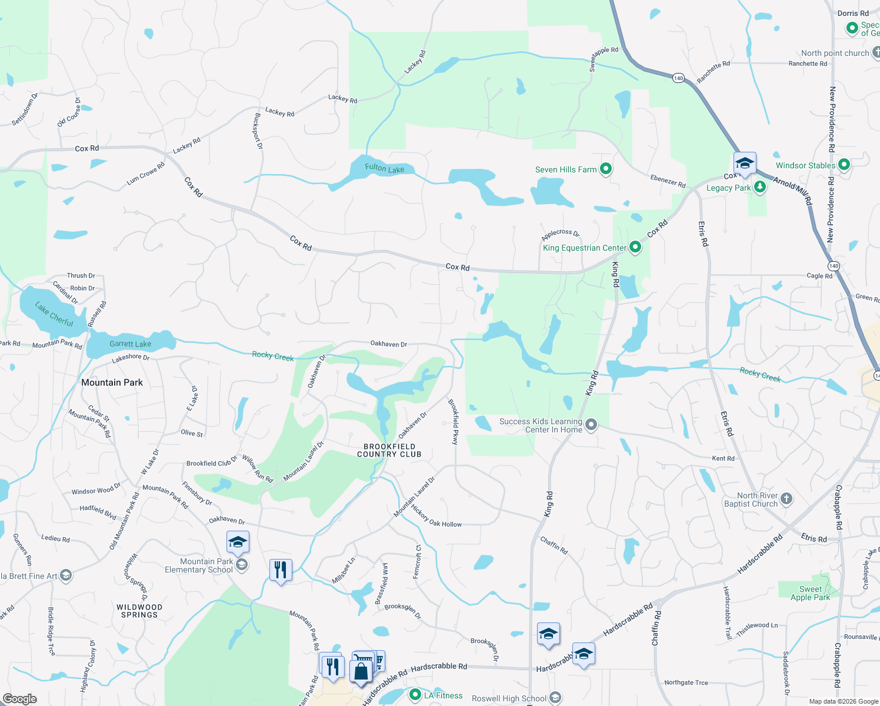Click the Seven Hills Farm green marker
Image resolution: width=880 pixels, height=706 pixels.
[605, 169]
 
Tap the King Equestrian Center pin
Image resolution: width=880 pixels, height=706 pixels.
[635, 248]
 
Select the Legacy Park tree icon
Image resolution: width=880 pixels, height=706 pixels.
[760, 188]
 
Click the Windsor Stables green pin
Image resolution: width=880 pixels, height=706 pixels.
[844, 165]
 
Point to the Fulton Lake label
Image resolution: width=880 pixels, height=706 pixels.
[384, 168]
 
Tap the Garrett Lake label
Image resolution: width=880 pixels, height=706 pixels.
[130, 344]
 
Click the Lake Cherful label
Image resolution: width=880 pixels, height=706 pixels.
[54, 314]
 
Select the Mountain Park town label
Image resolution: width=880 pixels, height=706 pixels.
[112, 382]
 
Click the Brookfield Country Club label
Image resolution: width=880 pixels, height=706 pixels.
[389, 451]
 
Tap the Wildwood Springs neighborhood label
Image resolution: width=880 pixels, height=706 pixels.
[139, 611]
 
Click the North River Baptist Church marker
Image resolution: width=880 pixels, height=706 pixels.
[786, 499]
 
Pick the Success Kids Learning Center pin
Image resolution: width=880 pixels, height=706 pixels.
[591, 425]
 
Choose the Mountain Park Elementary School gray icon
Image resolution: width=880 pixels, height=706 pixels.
[241, 565]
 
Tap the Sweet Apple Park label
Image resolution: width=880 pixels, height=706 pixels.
[810, 593]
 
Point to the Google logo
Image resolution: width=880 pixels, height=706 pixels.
[20, 699]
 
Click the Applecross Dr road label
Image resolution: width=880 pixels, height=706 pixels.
[560, 234]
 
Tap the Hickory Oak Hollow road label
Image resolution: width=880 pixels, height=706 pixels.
[436, 516]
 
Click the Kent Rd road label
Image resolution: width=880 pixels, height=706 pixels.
[723, 458]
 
